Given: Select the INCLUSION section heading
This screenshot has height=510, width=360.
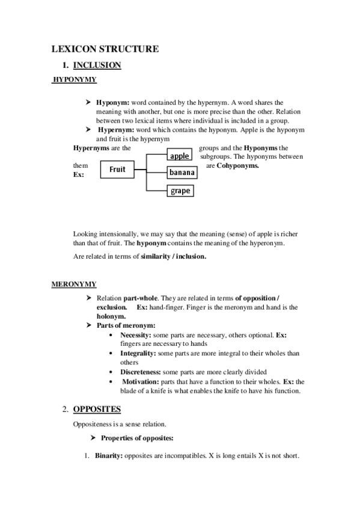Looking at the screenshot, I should [97, 65].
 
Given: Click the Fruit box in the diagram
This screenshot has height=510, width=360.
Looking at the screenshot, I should [117, 170].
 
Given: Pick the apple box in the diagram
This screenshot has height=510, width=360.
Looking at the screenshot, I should [180, 156].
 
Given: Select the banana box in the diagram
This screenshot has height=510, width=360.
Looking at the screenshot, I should [182, 173].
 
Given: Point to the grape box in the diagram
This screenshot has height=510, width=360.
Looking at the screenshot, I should [180, 191].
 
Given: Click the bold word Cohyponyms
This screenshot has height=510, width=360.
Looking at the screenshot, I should [237, 165].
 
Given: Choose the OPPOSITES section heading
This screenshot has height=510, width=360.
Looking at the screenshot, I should [97, 410].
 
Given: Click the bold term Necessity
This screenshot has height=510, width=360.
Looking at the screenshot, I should [138, 334].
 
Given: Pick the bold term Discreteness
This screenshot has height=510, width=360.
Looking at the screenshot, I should [141, 372].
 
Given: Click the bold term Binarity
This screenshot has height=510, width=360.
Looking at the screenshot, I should [108, 455].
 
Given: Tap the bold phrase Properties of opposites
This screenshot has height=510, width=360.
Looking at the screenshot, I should [138, 437].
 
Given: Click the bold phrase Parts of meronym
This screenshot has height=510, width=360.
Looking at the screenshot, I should [126, 325].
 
